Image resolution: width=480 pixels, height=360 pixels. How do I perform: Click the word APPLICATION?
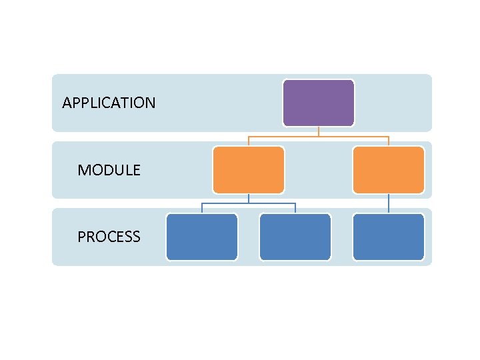(x=109, y=103)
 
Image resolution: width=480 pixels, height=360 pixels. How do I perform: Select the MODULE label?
(x=109, y=170)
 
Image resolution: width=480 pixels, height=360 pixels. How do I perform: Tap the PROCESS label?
(x=109, y=237)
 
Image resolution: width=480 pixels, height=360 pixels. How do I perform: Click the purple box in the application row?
(x=318, y=103)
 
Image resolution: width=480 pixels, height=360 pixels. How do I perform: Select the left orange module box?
(x=248, y=170)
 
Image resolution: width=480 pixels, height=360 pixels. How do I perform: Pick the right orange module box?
(x=388, y=170)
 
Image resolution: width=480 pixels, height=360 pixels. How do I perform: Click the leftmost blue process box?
(x=201, y=237)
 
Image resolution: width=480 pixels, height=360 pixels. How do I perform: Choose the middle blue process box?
(x=295, y=237)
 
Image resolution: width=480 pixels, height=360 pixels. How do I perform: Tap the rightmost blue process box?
(x=388, y=237)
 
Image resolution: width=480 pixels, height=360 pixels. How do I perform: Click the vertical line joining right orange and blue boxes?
(x=388, y=203)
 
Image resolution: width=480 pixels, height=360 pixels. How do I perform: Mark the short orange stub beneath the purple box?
(x=318, y=131)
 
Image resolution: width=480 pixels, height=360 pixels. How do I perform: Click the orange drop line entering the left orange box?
(x=248, y=141)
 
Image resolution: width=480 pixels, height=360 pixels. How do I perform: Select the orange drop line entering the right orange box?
(x=388, y=141)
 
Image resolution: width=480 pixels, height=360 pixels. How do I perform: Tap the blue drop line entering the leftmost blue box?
(x=201, y=208)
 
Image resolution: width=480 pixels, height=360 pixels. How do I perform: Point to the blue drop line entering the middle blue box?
(x=295, y=208)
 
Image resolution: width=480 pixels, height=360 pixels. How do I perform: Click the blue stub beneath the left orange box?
(x=248, y=199)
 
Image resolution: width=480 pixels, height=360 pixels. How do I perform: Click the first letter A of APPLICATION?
(x=66, y=103)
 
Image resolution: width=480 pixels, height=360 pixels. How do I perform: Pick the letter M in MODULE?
(x=83, y=170)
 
